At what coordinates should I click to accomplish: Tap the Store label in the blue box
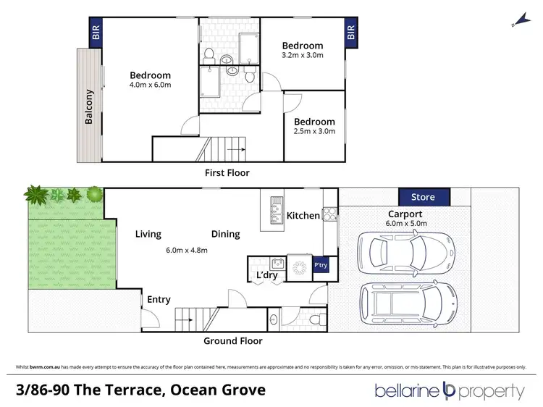[x=424, y=196]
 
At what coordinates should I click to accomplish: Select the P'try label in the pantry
[x=321, y=267]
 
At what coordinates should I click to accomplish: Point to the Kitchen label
[x=303, y=216]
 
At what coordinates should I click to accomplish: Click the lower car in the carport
[x=408, y=300]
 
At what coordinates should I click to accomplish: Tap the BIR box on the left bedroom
[x=95, y=33]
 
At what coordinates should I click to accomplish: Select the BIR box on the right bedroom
[x=351, y=33]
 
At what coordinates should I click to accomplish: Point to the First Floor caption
[x=227, y=173]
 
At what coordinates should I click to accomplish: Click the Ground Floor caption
[x=233, y=340]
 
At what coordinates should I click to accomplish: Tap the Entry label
[x=159, y=299]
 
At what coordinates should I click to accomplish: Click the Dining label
[x=225, y=234]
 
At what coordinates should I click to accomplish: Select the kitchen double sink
[x=275, y=209]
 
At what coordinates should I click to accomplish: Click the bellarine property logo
[x=449, y=391]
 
